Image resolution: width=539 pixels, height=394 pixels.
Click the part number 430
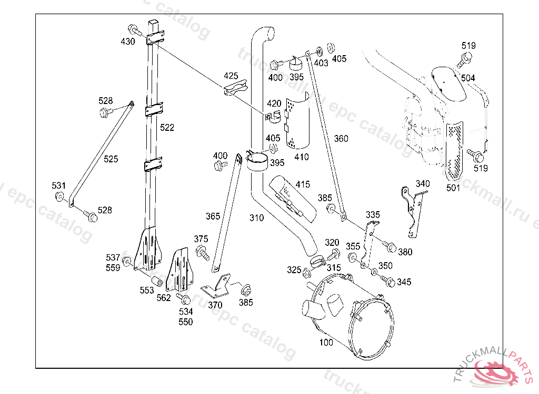pyautogui.click(x=127, y=42)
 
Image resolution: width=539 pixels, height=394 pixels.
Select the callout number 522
pyautogui.click(x=167, y=128)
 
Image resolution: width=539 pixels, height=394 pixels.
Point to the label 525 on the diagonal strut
pyautogui.click(x=111, y=159)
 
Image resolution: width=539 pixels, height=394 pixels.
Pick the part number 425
pyautogui.click(x=231, y=76)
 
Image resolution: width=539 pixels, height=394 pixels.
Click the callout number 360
pyautogui.click(x=341, y=139)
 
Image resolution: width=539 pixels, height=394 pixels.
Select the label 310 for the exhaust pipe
pyautogui.click(x=256, y=217)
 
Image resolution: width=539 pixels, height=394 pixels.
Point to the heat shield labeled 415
pyautogui.click(x=292, y=199)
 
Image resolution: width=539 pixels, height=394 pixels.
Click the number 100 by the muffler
pyautogui.click(x=326, y=342)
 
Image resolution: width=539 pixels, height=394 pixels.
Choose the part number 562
pyautogui.click(x=164, y=298)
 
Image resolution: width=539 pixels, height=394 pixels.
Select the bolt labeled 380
pyautogui.click(x=389, y=246)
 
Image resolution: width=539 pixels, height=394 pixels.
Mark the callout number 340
pyautogui.click(x=423, y=184)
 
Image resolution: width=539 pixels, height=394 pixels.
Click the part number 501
pyautogui.click(x=453, y=188)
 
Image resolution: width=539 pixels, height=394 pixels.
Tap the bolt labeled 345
pyautogui.click(x=388, y=281)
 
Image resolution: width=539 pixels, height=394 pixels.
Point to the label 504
pyautogui.click(x=468, y=78)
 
